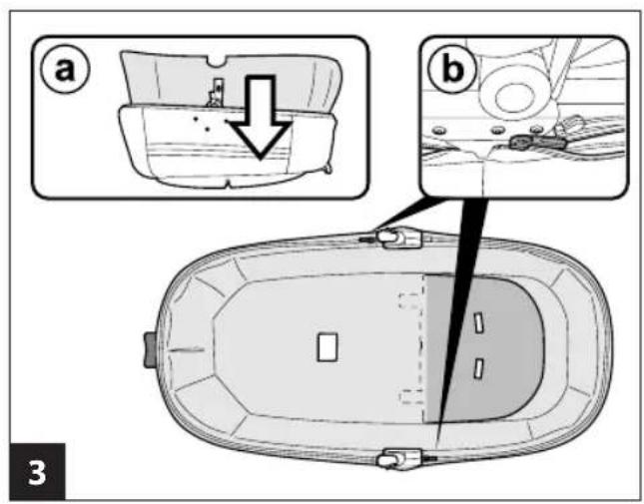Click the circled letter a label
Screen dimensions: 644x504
pos(65,69)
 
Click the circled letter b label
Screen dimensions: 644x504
pos(452,69)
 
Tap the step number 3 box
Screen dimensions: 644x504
pos(37,471)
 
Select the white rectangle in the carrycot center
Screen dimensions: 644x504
pos(327,346)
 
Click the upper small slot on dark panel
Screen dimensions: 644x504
pos(478,322)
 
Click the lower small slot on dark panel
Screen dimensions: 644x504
pos(478,367)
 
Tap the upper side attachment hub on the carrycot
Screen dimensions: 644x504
pos(399,238)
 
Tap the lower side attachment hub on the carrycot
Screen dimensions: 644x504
pos(399,459)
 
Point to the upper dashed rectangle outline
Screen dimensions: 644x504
pos(409,300)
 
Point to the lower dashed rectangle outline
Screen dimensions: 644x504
pos(410,396)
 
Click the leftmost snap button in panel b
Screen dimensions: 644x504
pos(439,131)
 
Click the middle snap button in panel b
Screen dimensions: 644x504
pos(498,131)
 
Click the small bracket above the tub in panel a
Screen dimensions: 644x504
pos(216,93)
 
